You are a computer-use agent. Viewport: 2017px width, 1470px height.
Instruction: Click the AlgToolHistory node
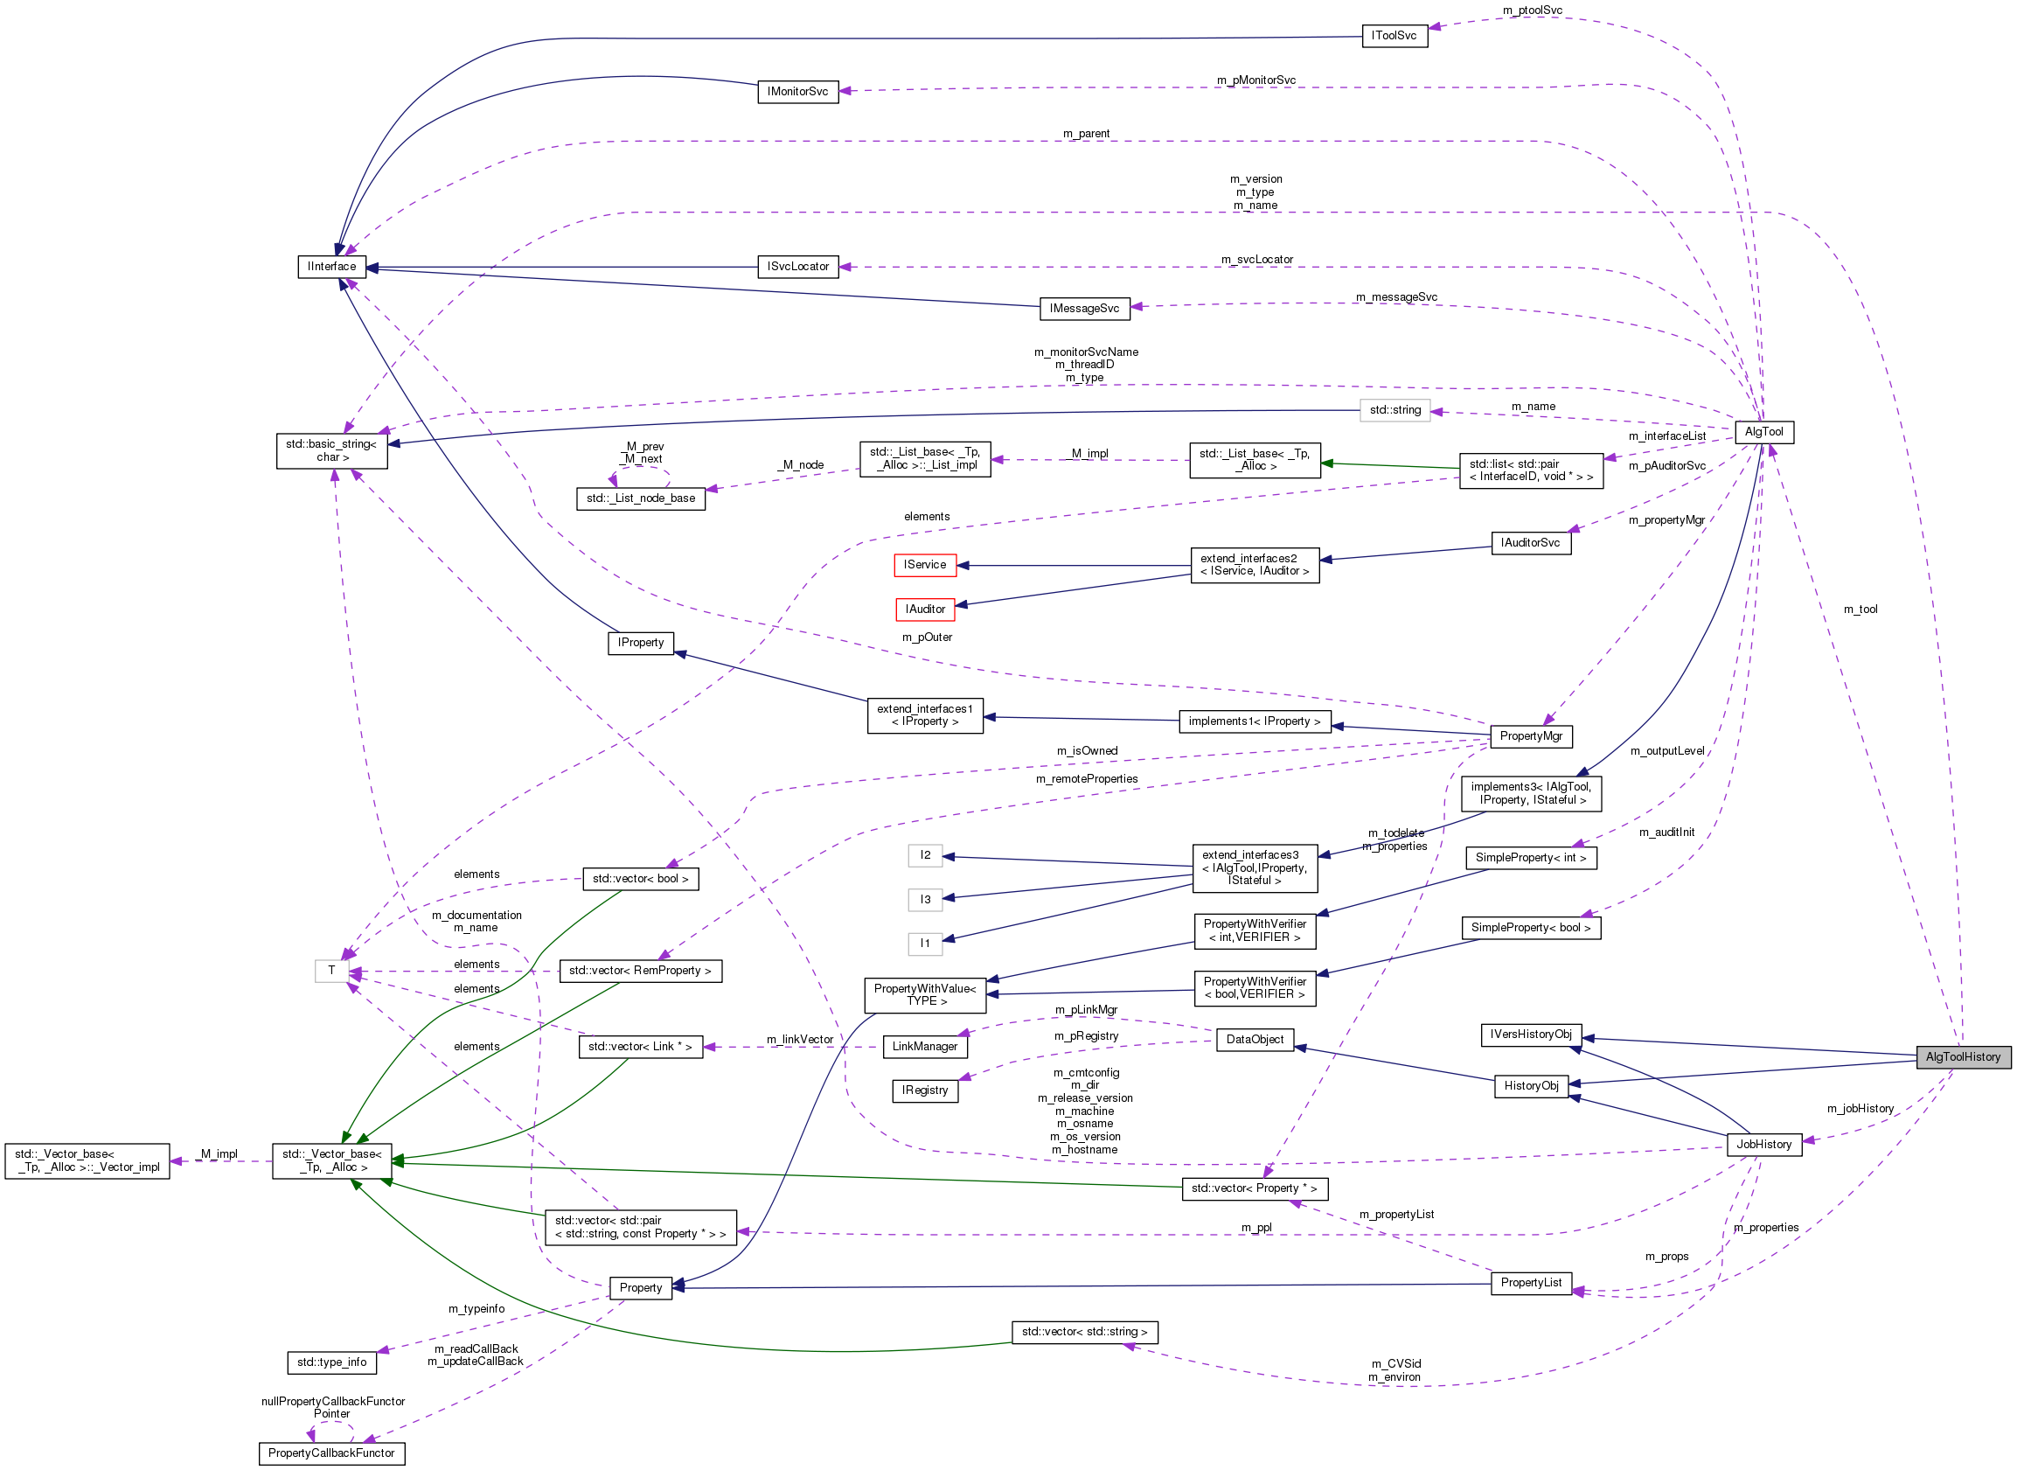click(1962, 1056)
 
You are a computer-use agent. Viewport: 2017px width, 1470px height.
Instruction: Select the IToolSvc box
click(1394, 36)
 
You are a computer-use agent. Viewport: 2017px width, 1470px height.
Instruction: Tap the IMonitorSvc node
click(797, 92)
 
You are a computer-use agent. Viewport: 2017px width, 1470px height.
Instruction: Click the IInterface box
click(331, 266)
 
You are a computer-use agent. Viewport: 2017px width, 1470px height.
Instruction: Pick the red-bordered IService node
click(924, 564)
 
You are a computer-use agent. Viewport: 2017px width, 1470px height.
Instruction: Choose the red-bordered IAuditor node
click(924, 609)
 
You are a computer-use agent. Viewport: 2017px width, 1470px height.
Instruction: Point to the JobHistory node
click(1763, 1144)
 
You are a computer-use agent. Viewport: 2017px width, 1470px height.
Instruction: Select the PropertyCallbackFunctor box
click(331, 1453)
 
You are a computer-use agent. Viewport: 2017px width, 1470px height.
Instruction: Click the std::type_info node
click(331, 1362)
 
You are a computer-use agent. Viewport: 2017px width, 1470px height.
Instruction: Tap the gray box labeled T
click(331, 970)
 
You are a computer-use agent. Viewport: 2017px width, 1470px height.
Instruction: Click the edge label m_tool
click(1860, 610)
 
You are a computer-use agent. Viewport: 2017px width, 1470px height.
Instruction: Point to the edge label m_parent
click(1086, 134)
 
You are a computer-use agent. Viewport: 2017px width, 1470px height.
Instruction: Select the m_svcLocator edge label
click(1256, 260)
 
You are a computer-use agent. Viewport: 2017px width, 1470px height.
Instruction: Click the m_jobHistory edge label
click(1860, 1108)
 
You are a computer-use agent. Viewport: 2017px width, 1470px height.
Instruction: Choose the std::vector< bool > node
click(640, 878)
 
